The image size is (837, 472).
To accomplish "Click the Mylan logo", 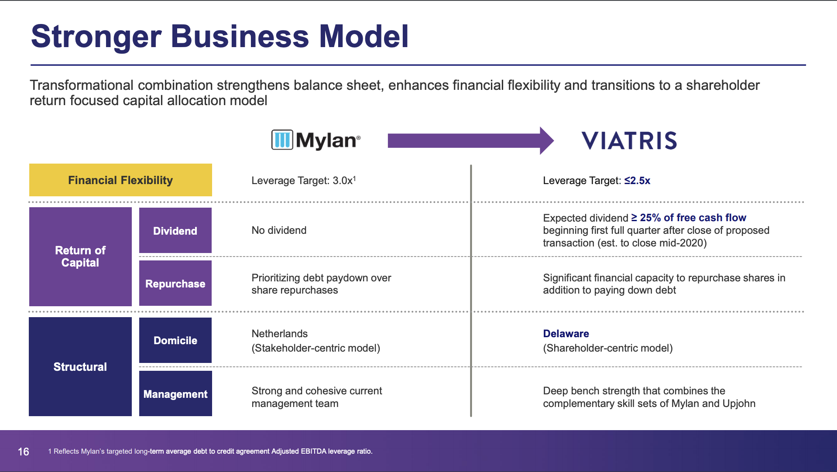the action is (316, 140).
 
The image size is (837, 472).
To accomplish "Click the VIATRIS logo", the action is (629, 140).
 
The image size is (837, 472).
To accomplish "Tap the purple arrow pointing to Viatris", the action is (471, 140).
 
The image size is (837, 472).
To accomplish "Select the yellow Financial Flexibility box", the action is (120, 180).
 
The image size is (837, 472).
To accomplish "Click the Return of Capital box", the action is (80, 257).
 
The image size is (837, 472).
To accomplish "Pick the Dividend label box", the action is (175, 230).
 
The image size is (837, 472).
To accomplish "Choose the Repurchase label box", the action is (175, 283).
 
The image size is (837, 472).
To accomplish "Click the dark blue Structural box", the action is (80, 366).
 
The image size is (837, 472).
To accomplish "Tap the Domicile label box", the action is (175, 340).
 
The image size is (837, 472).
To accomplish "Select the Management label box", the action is (175, 393).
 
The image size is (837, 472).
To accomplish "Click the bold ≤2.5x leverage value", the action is (637, 181).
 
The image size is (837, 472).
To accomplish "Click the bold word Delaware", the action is (566, 334).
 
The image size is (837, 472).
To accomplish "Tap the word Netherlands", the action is (280, 334).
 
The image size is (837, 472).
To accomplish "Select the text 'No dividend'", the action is (279, 230).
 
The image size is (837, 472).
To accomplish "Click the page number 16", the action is (24, 451).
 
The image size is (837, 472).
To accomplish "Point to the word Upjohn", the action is (739, 404).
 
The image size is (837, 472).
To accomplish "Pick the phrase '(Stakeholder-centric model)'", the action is (316, 348).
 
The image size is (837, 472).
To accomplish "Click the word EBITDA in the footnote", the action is (313, 451).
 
